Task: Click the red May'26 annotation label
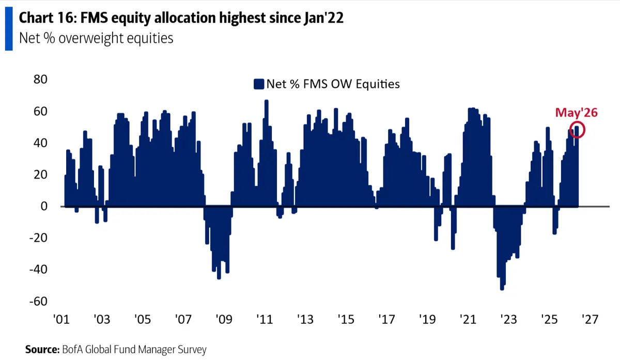[x=577, y=113]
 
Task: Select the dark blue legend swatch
[x=259, y=84]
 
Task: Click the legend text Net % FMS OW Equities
[x=333, y=84]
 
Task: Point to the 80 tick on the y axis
[x=40, y=80]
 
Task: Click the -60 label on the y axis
[x=38, y=301]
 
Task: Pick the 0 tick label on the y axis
[x=44, y=206]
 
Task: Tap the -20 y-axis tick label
[x=38, y=238]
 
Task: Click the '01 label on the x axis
[x=61, y=319]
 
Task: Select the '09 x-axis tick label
[x=224, y=319]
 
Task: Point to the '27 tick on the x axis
[x=590, y=319]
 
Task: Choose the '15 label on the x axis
[x=346, y=319]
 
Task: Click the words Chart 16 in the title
[x=47, y=18]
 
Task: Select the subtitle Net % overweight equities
[x=96, y=38]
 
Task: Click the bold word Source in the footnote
[x=42, y=349]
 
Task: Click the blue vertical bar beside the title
[x=9, y=29]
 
